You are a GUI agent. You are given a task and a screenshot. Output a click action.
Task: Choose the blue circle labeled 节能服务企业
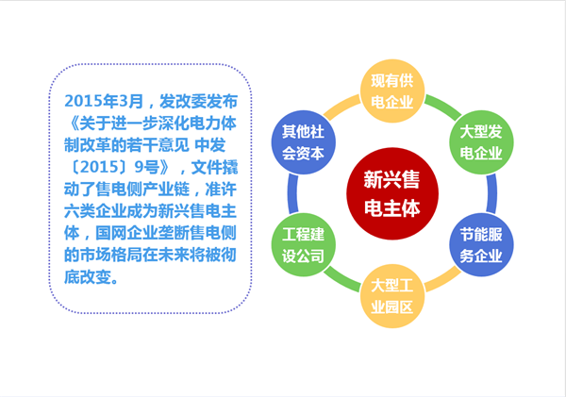coord(480,244)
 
